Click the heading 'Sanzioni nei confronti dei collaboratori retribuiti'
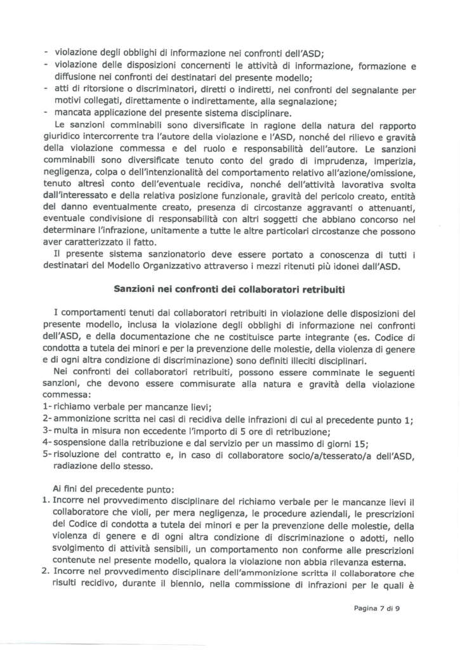coord(230,289)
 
